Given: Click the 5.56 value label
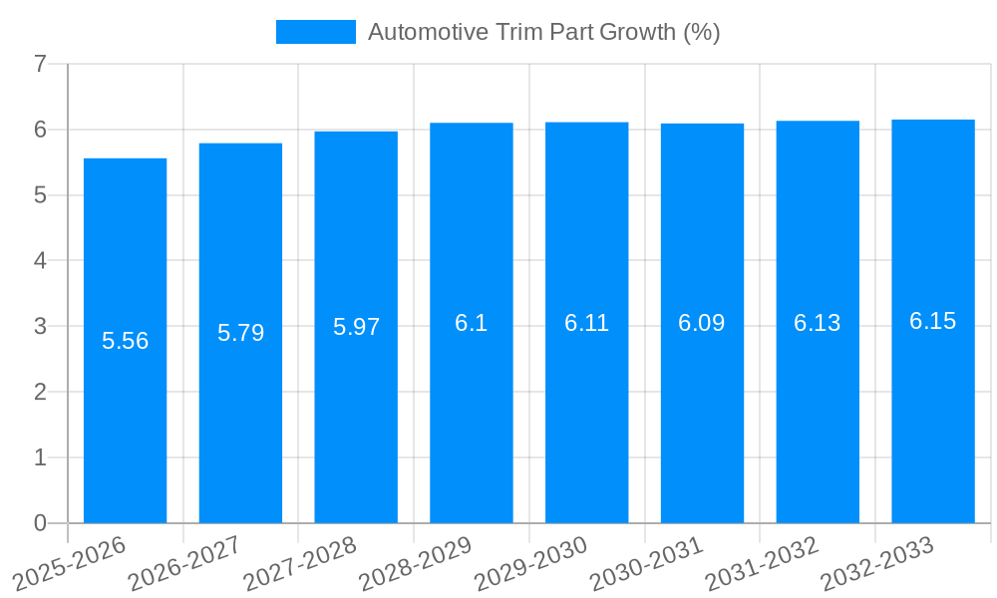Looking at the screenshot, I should (x=125, y=341).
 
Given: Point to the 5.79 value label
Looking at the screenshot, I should (x=240, y=333).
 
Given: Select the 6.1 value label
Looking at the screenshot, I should (x=471, y=323).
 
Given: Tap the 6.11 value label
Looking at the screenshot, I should (x=586, y=323).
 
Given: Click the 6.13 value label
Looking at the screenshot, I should (x=817, y=323).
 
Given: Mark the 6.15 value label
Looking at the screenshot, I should (x=932, y=321).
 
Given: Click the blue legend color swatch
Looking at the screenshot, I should (x=315, y=32).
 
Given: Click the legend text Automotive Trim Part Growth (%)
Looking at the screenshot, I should (x=543, y=32).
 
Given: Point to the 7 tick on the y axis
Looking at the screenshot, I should (x=40, y=64).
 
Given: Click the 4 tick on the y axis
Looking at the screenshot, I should (x=40, y=261).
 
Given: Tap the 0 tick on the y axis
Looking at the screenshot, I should (x=40, y=523).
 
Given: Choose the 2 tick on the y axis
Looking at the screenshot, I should (x=40, y=392).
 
